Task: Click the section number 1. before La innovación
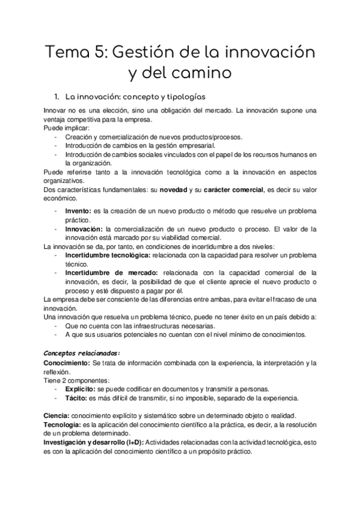tap(57, 96)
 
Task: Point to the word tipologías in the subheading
tap(183, 96)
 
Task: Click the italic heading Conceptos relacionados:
tap(82, 352)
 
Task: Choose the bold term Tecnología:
tap(63, 425)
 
